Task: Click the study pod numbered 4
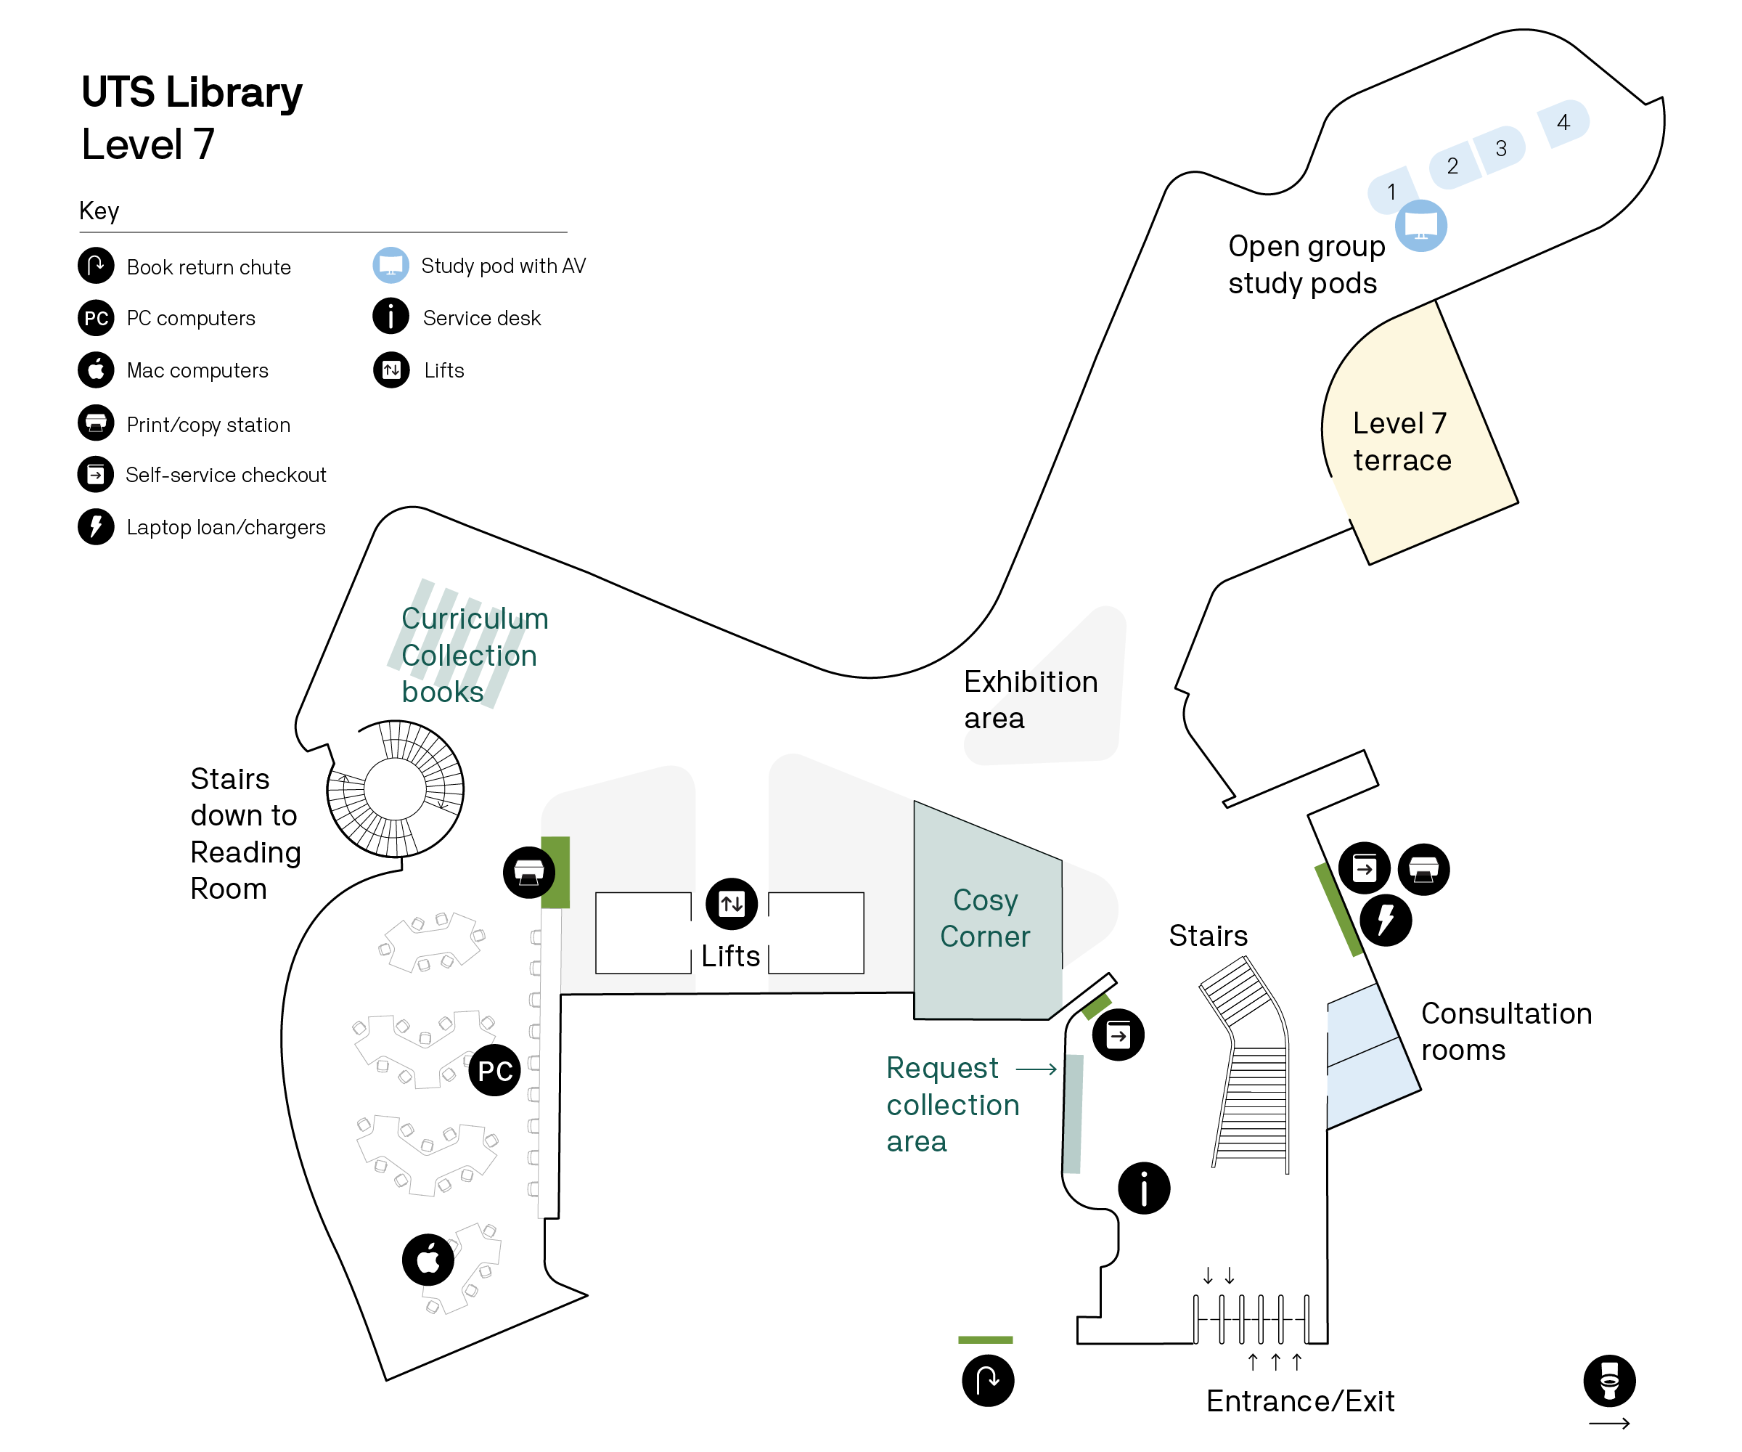(x=1563, y=123)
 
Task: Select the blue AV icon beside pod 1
(x=1421, y=226)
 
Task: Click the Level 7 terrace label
(x=1401, y=441)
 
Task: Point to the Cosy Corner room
(x=986, y=918)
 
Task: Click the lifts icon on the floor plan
(x=732, y=904)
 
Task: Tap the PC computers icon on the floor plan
(x=495, y=1070)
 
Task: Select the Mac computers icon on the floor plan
(x=428, y=1260)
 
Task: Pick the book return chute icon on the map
(x=987, y=1381)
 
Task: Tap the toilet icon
(x=1609, y=1381)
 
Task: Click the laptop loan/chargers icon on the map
(x=1386, y=919)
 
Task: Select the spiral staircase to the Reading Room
(x=395, y=788)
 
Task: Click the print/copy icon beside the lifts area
(x=529, y=872)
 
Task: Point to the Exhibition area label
(x=1030, y=699)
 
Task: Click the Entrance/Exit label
(x=1300, y=1400)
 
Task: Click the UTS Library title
(x=192, y=92)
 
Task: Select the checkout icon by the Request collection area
(x=1119, y=1035)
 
